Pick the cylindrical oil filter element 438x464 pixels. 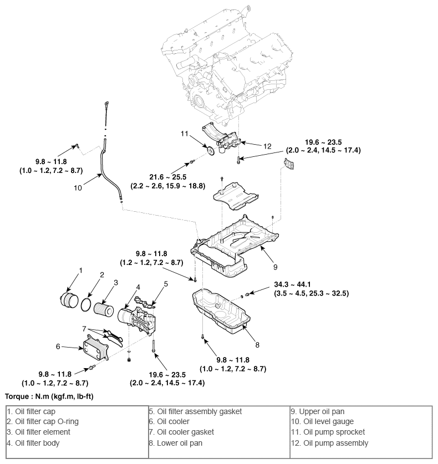pyautogui.click(x=103, y=307)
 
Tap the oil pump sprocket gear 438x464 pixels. pyautogui.click(x=210, y=151)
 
